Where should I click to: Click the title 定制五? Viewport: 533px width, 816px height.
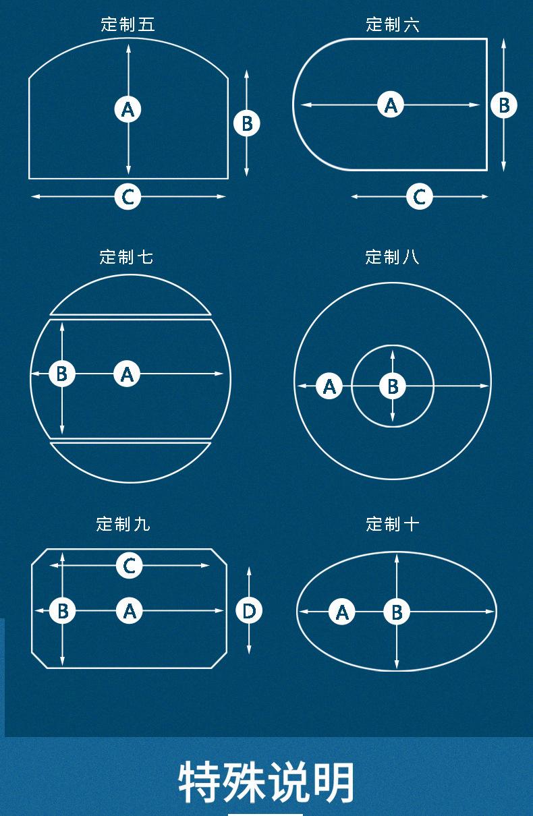(128, 24)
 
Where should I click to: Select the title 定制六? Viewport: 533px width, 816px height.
(393, 24)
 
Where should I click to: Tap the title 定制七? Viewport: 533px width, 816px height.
(126, 257)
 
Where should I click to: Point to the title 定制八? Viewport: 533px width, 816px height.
(392, 257)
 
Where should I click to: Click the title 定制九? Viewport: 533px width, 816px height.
(123, 524)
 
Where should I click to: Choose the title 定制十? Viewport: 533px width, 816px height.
(392, 524)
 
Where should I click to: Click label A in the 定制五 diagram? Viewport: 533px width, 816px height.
(128, 109)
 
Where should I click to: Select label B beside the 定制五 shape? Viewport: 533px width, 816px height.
(247, 123)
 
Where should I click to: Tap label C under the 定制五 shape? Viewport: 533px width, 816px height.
(128, 196)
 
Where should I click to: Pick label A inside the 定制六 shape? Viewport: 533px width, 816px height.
(391, 105)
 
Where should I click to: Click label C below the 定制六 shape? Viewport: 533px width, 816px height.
(420, 196)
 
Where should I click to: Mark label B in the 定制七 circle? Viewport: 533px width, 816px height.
(62, 374)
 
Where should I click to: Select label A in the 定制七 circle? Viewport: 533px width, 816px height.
(127, 374)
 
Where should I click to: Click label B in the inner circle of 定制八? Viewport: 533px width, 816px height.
(393, 386)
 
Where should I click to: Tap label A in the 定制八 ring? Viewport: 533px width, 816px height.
(329, 386)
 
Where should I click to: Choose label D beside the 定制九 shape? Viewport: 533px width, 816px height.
(249, 610)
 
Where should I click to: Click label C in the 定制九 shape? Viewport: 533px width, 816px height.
(129, 565)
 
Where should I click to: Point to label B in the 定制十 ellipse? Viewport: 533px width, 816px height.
(397, 612)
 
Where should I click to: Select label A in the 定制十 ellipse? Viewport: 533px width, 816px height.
(341, 612)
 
